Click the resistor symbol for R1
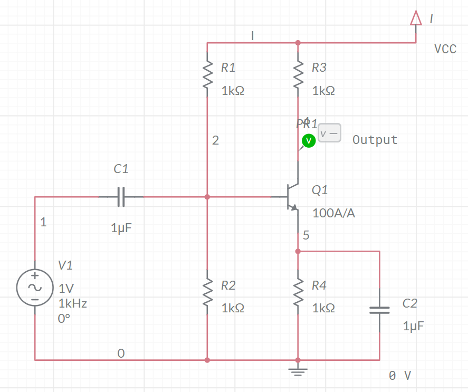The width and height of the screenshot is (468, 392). [207, 74]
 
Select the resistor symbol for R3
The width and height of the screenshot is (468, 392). [298, 74]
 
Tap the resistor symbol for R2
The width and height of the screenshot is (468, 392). [207, 293]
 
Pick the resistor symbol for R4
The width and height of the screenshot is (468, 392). [298, 293]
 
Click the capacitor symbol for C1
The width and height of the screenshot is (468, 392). [121, 197]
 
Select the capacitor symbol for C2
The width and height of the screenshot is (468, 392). [379, 310]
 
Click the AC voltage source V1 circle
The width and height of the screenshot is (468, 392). [35, 288]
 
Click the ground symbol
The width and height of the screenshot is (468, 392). [298, 371]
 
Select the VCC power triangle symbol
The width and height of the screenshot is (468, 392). [416, 19]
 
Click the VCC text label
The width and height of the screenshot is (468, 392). [445, 49]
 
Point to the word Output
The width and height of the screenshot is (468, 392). [375, 140]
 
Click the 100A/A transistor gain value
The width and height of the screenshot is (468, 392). [333, 213]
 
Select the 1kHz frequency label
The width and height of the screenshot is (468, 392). [73, 303]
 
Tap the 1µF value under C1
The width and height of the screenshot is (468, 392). [121, 228]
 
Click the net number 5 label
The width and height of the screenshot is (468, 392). [306, 236]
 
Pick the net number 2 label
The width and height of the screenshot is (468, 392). [215, 140]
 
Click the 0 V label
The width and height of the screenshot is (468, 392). [399, 376]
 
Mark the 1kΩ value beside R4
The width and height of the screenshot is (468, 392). [323, 308]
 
